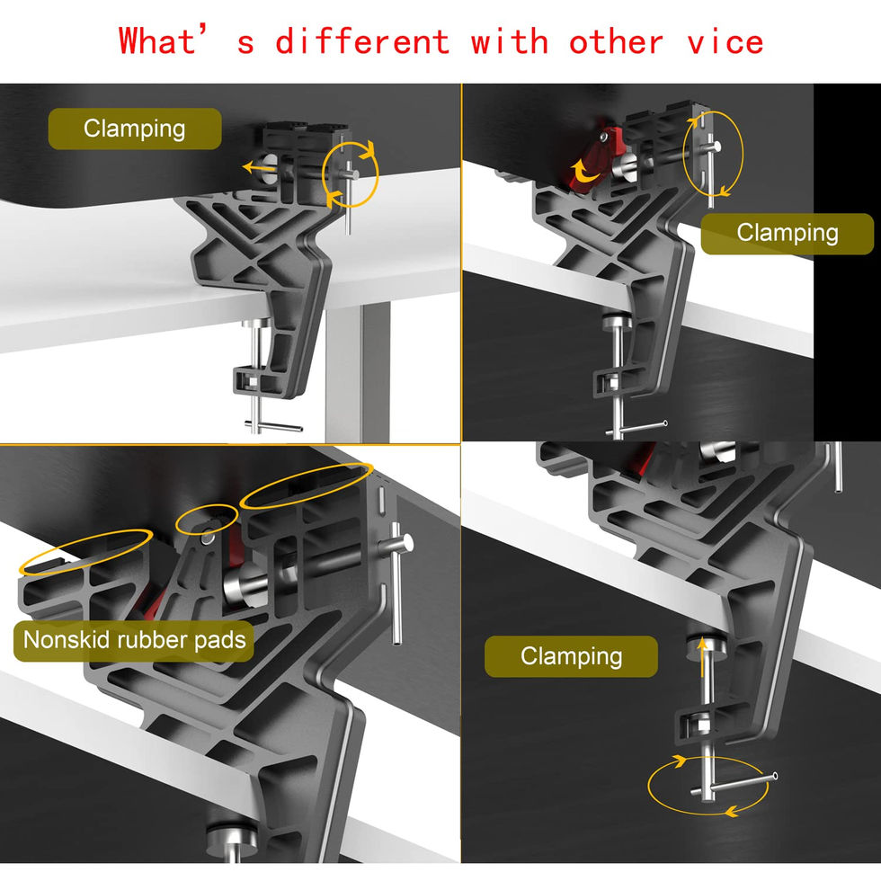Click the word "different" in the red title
pos(362,42)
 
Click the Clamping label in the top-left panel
pos(135,129)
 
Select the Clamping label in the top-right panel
pos(788,233)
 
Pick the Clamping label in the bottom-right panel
pos(571,656)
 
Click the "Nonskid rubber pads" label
pos(134,640)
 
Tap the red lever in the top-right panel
pos(592,159)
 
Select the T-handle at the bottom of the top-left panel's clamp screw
pos(273,426)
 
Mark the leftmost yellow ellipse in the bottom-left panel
pos(85,552)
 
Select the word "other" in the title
pos(616,42)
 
